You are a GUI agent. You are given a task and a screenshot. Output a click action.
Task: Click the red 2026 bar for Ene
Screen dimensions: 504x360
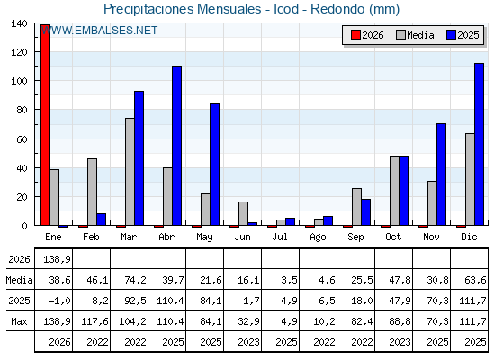[x=45, y=125]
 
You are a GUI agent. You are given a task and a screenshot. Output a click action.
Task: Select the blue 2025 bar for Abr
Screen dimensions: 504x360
[x=176, y=146]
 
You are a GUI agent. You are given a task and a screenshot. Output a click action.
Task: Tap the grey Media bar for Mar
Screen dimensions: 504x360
[x=130, y=172]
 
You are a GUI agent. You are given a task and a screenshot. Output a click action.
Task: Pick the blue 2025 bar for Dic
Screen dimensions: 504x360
[x=479, y=144]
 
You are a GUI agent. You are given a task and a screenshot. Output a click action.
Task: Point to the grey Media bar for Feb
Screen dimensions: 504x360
[x=92, y=192]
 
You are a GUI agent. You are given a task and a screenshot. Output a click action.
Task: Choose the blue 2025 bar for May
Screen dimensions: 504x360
[x=215, y=165]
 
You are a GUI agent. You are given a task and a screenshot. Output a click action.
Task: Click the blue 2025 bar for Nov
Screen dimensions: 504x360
[x=441, y=175]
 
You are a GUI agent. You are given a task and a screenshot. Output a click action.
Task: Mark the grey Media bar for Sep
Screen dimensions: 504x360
[x=356, y=207]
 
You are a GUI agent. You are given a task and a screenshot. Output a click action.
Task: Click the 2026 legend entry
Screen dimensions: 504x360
[x=367, y=35]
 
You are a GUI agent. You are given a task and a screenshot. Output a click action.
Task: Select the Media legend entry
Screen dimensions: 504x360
[x=415, y=35]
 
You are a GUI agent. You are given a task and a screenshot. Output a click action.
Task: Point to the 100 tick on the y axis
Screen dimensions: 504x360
[x=19, y=81]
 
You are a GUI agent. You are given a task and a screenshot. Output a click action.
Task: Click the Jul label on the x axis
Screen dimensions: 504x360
[x=280, y=237]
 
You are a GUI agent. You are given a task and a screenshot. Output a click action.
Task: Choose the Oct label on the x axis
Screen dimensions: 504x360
[x=393, y=237]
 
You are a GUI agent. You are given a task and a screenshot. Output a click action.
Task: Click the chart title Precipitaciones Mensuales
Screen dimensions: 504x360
[x=182, y=9]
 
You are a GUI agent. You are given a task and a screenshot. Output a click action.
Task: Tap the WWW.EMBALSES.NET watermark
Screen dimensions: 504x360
[x=99, y=31]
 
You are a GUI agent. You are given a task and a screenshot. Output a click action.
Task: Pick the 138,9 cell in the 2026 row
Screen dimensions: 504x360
[x=57, y=259]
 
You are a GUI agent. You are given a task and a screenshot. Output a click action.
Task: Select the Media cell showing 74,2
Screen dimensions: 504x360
[x=135, y=280]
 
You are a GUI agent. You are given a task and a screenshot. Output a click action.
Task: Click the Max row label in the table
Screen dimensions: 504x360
[x=19, y=321]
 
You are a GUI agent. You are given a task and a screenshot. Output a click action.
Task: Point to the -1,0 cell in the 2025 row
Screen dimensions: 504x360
[x=59, y=301]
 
